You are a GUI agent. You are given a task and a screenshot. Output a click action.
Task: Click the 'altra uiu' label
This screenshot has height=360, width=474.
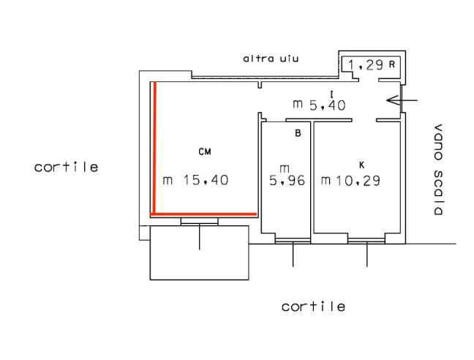pos(271,59)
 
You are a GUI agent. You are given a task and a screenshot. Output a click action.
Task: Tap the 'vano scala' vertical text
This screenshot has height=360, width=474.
pos(438,170)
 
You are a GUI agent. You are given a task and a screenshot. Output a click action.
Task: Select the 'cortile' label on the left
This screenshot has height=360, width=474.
pos(67,167)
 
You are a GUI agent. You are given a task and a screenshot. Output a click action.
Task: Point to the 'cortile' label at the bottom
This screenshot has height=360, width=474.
pos(313,307)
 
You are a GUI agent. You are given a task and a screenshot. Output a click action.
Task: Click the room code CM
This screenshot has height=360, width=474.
pos(205,151)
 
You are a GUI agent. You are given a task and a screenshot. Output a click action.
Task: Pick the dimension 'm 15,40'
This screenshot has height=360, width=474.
pos(195,180)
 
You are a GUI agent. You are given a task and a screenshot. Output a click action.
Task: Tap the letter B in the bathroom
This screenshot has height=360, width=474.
pos(298,133)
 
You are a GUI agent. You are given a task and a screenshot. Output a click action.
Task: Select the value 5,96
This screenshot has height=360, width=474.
pos(287,181)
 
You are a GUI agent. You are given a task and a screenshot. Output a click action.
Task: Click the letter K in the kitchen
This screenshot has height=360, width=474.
pos(361,165)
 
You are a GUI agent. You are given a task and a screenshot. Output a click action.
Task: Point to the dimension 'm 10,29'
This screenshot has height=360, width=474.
pos(350,181)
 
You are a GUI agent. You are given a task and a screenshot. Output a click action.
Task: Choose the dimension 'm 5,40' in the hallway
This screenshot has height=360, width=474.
pos(319,105)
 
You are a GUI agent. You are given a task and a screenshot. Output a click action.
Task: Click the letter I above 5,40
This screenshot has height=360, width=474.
pos(332,94)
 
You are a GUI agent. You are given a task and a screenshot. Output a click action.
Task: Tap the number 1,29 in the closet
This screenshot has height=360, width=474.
pos(366,64)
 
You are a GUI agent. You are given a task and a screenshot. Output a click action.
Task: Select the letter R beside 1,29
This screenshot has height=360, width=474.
pos(392,64)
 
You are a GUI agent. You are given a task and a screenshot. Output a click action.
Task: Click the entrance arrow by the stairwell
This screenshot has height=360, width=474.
pos(402,100)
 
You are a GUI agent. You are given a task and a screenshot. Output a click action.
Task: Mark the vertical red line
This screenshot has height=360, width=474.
pos(154,148)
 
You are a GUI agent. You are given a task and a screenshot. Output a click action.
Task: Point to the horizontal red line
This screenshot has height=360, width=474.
pos(203,214)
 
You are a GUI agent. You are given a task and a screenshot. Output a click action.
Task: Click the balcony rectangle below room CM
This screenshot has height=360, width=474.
pos(200,252)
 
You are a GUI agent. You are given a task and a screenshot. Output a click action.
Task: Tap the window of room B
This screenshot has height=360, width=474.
pos(293,241)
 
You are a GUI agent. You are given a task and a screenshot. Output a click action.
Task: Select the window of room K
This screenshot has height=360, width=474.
pos(366,241)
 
